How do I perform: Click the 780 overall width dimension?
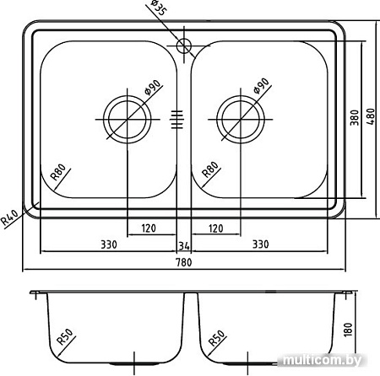(x=184, y=262)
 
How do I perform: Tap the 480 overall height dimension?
(x=372, y=116)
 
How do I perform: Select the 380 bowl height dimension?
(x=355, y=117)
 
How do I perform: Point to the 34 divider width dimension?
(x=184, y=246)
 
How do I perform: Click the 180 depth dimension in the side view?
(x=348, y=330)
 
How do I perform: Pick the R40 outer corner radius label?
(x=10, y=218)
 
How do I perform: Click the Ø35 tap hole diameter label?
(x=159, y=8)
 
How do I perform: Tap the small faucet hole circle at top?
(x=184, y=46)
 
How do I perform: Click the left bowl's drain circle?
(x=128, y=120)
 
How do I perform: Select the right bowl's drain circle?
(x=241, y=120)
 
